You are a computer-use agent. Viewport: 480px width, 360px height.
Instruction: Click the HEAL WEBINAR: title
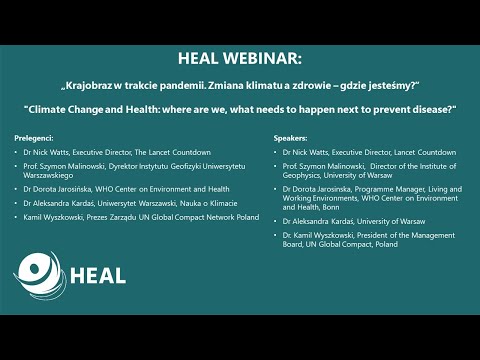pos(239,58)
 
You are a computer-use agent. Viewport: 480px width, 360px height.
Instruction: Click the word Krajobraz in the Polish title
pos(94,84)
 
